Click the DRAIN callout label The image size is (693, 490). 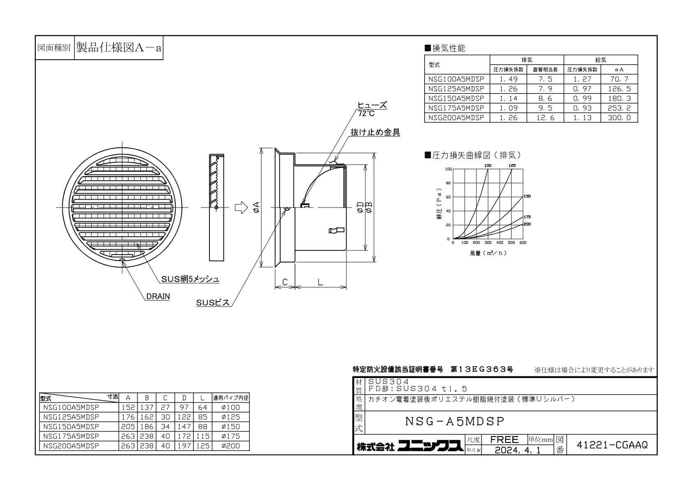[x=158, y=296]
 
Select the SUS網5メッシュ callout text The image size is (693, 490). [x=190, y=279]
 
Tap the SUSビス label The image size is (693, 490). [x=213, y=303]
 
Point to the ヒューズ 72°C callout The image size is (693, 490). [x=372, y=109]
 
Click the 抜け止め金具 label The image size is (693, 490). [x=375, y=132]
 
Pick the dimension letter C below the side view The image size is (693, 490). [x=285, y=282]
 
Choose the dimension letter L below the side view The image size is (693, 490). [x=320, y=282]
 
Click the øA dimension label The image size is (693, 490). [x=256, y=208]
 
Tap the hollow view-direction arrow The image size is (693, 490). [x=241, y=208]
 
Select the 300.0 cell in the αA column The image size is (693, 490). [x=619, y=118]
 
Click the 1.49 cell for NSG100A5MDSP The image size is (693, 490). [x=508, y=79]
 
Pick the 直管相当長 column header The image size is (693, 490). [x=545, y=70]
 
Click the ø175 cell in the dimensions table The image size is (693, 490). [x=231, y=436]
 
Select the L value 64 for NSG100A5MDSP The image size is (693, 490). [x=202, y=407]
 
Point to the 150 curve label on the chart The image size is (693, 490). [x=527, y=196]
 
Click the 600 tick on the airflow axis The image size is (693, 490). [x=523, y=243]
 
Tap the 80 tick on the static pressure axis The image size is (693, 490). [x=448, y=183]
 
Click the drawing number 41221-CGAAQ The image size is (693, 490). [x=612, y=445]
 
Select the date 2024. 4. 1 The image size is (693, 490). [x=518, y=450]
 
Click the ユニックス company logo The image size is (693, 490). [x=430, y=446]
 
